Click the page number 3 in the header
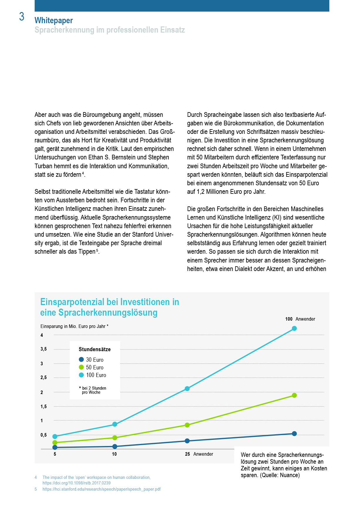pos(22,17)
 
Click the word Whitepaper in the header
pos(53,20)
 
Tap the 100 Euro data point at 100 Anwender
pos(294,328)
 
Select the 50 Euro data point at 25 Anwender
pos(187,425)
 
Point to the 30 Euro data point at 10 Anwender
pos(115,446)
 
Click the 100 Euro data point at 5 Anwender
pos(55,436)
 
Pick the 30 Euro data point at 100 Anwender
pos(294,433)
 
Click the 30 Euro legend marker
pos(81,359)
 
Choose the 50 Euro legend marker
pos(81,367)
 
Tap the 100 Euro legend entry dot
pos(81,375)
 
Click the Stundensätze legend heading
pos(95,349)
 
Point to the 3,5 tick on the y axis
pos(43,349)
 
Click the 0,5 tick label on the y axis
pos(43,435)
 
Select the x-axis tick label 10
pos(114,454)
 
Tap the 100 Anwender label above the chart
pos(300,319)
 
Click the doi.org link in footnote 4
pos(76,483)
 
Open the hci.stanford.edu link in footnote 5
pos(101,489)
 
